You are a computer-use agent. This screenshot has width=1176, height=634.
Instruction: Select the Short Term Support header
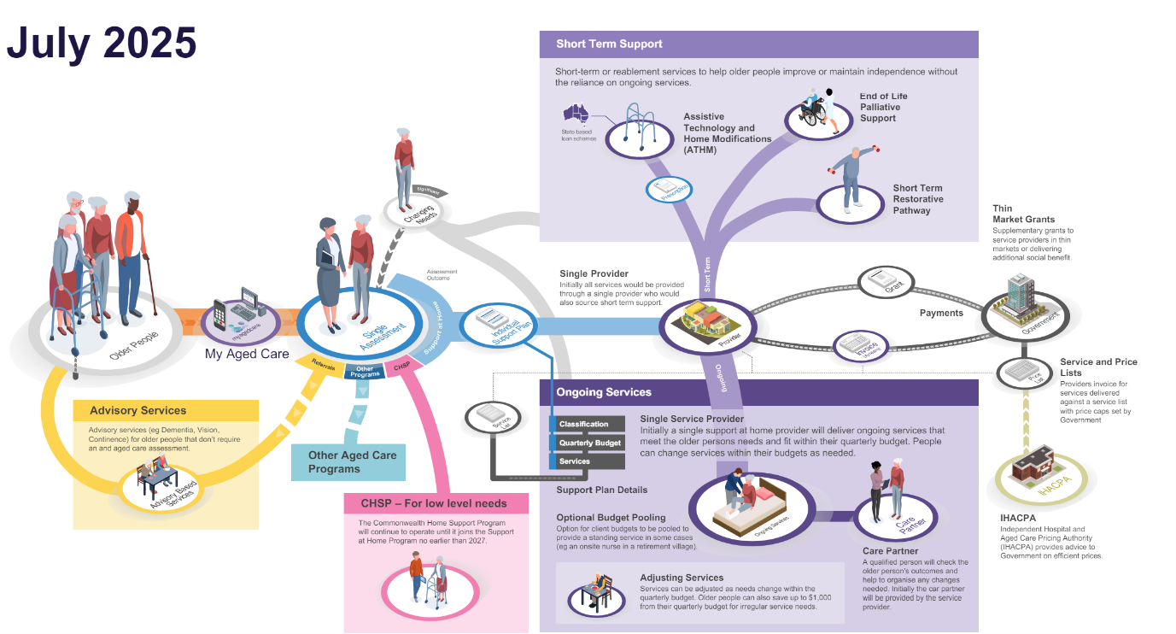click(609, 44)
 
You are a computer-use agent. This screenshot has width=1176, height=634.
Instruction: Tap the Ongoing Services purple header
click(604, 392)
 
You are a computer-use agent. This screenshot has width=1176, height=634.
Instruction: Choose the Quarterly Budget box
click(589, 443)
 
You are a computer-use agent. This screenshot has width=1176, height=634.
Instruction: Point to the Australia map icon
click(573, 114)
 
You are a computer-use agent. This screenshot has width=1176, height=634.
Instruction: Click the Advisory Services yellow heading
click(137, 410)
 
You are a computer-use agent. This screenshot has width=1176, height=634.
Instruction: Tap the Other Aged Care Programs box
click(352, 462)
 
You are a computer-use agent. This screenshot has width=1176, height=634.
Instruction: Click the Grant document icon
click(886, 280)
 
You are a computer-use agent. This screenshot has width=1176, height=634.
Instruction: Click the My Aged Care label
click(246, 354)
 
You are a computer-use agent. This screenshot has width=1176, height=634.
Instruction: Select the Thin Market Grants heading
click(1023, 214)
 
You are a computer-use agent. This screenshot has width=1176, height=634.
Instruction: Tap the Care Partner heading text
click(891, 551)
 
